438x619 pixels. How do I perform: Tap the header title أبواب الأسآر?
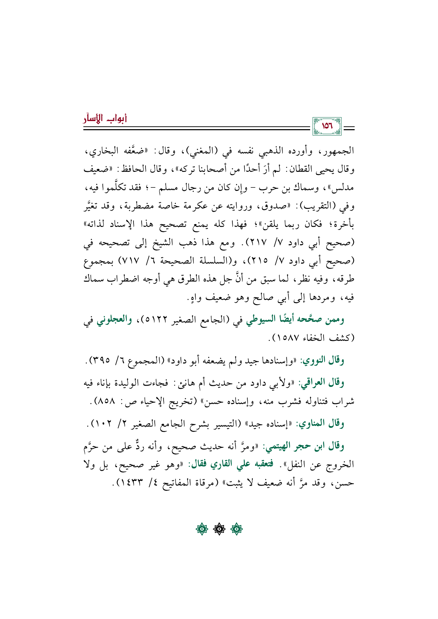(x=105, y=118)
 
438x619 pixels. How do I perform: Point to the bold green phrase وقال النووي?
(x=322, y=360)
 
